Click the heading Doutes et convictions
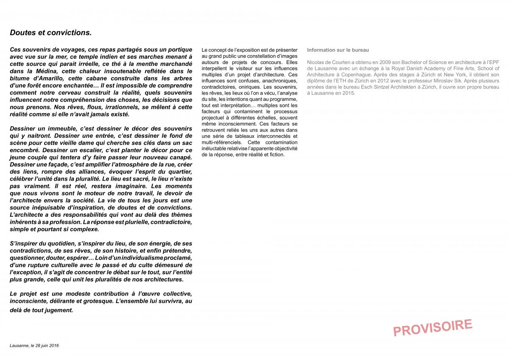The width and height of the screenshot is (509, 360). click(x=50, y=33)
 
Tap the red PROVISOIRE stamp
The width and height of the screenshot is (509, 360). click(x=433, y=327)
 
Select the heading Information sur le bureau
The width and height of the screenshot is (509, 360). click(x=338, y=50)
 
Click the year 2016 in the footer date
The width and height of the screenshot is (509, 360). click(x=54, y=346)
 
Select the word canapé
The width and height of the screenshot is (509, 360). click(x=180, y=157)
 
